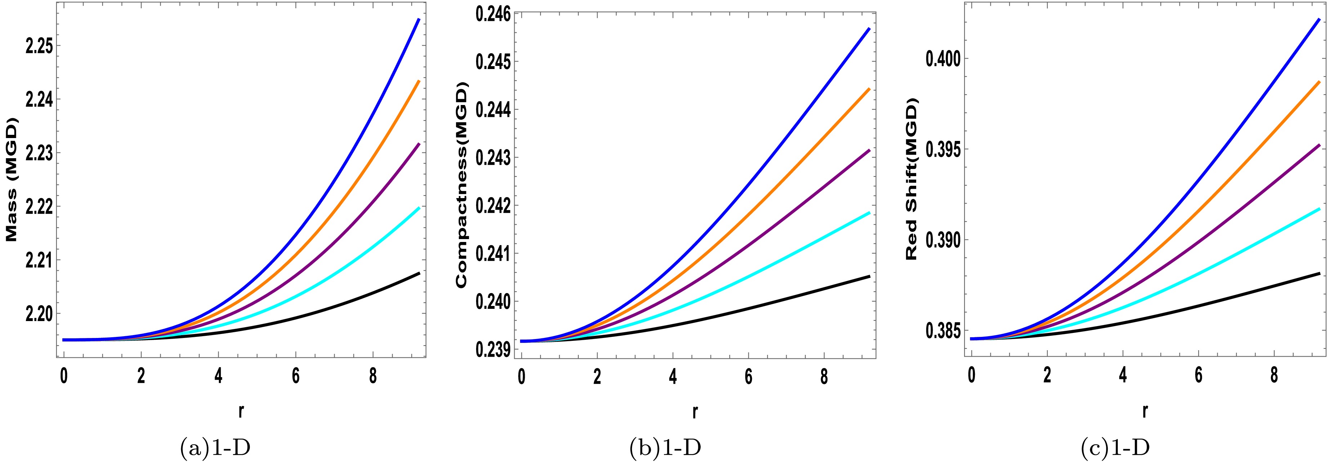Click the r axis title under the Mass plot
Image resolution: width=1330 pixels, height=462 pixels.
[x=241, y=411]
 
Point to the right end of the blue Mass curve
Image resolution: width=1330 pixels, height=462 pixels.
[x=419, y=19]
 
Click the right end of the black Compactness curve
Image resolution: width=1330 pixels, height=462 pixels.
[x=869, y=276]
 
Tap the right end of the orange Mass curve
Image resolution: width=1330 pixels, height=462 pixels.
[x=419, y=81]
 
